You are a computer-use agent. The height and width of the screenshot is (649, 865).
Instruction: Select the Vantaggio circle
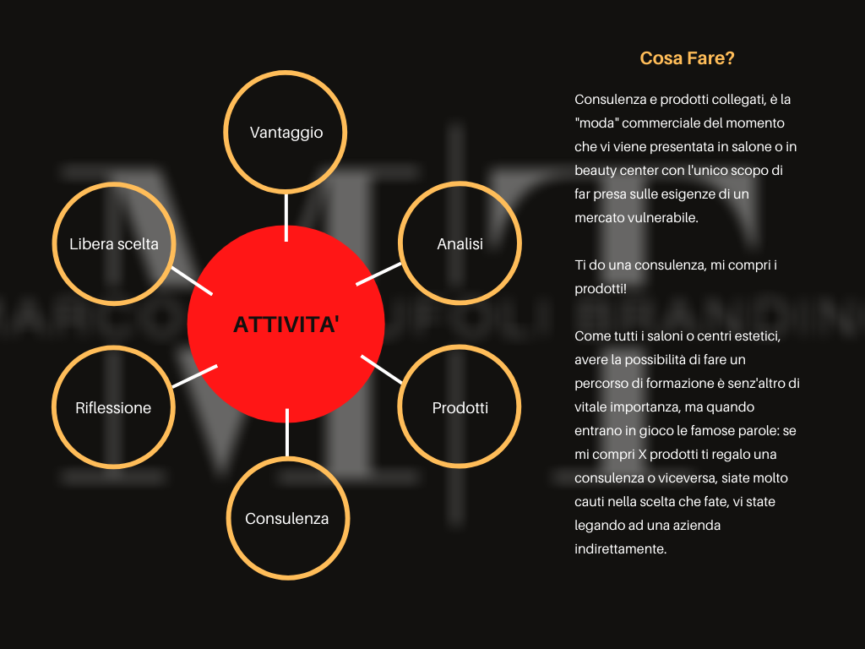pyautogui.click(x=286, y=73)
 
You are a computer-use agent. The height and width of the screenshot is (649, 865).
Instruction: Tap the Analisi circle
pyautogui.click(x=460, y=183)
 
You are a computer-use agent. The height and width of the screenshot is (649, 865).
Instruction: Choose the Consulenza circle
pyautogui.click(x=287, y=459)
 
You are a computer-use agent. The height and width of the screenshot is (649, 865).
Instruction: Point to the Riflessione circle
pyautogui.click(x=114, y=348)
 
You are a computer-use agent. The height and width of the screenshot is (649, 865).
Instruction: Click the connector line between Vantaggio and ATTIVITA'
pyautogui.click(x=286, y=217)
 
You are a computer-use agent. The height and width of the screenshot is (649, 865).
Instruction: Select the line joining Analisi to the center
pyautogui.click(x=378, y=275)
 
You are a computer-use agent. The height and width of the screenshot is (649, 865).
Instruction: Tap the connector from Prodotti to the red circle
pyautogui.click(x=381, y=369)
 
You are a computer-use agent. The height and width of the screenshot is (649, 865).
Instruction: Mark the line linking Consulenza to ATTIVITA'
pyautogui.click(x=287, y=433)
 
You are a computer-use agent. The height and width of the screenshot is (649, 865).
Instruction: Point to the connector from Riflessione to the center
pyautogui.click(x=195, y=376)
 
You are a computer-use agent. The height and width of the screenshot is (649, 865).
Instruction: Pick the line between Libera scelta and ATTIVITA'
pyautogui.click(x=192, y=281)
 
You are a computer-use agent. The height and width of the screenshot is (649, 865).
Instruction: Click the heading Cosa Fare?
pyautogui.click(x=687, y=58)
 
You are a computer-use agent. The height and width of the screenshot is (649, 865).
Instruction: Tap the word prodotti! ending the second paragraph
pyautogui.click(x=601, y=289)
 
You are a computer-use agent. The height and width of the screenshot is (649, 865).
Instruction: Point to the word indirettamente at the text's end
pyautogui.click(x=621, y=549)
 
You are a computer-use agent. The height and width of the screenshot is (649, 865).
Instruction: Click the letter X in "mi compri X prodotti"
pyautogui.click(x=642, y=454)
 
